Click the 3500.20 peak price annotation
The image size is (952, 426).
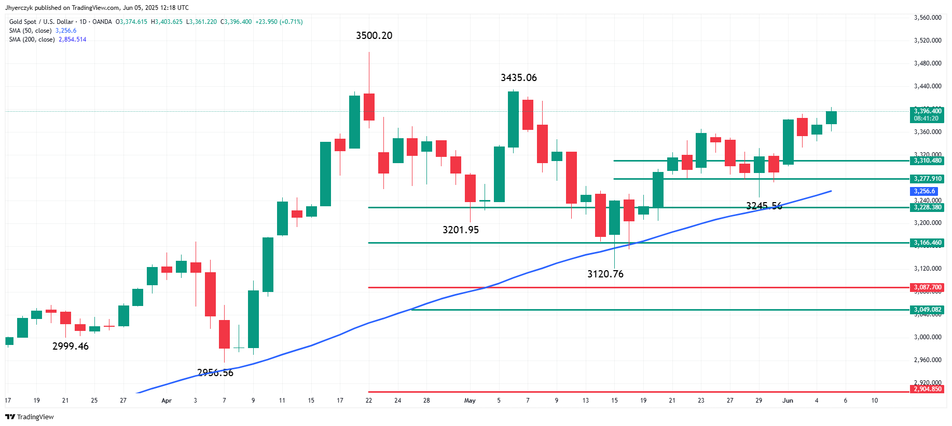point(374,36)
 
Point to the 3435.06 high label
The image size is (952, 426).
point(519,78)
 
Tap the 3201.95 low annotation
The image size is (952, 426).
point(461,230)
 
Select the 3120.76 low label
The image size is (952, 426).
point(605,274)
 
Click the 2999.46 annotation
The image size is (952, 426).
point(71,347)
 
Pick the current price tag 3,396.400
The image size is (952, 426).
point(928,111)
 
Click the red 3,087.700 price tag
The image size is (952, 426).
point(928,287)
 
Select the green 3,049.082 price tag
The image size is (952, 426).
point(928,310)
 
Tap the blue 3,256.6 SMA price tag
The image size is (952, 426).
point(925,191)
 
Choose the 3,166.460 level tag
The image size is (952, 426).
point(928,243)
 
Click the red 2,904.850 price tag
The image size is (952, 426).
point(928,389)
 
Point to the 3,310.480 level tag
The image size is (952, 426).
point(928,161)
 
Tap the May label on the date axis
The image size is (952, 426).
point(470,401)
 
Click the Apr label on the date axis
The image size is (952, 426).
point(167,401)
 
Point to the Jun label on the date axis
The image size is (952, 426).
point(788,401)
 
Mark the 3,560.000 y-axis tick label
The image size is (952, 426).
point(928,18)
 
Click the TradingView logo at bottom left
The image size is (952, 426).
point(30,417)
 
